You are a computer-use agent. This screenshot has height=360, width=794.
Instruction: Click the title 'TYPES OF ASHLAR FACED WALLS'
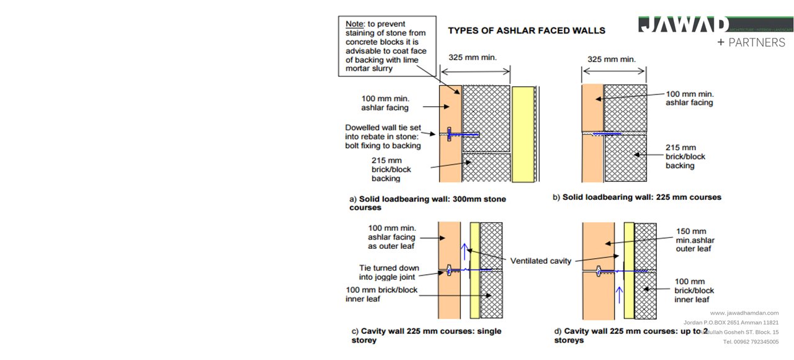pyautogui.click(x=526, y=30)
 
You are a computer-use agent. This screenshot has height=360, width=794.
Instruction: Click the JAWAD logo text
pyautogui.click(x=684, y=25)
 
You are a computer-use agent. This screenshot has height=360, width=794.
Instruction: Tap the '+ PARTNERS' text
pyautogui.click(x=751, y=43)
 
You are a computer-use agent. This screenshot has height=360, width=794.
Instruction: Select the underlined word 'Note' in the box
pyautogui.click(x=355, y=24)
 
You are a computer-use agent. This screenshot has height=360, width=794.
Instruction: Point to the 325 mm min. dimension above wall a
pyautogui.click(x=473, y=58)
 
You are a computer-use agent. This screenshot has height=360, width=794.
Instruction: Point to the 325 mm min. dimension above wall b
pyautogui.click(x=612, y=60)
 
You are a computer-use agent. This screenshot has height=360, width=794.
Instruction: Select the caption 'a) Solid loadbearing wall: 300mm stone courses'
pyautogui.click(x=427, y=203)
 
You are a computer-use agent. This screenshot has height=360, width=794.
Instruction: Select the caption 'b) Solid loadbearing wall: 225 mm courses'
pyautogui.click(x=637, y=197)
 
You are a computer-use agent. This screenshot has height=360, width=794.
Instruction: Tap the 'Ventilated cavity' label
pyautogui.click(x=540, y=261)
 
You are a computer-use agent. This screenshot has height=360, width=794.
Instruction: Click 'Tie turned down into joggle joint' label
pyautogui.click(x=389, y=272)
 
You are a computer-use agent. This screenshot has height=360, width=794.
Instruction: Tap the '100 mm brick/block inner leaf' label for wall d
pyautogui.click(x=694, y=290)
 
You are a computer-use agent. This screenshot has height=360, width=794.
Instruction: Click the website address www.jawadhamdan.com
pyautogui.click(x=744, y=313)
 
